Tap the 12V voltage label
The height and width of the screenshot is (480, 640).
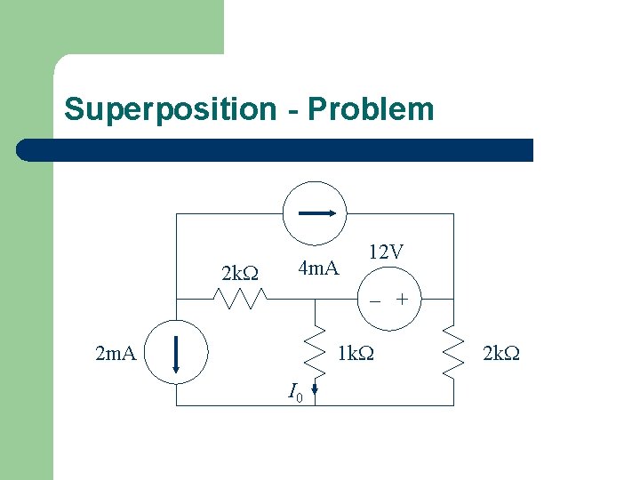(x=386, y=252)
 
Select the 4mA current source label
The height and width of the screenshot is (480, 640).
(x=318, y=268)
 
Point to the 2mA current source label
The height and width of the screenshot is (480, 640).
(x=116, y=355)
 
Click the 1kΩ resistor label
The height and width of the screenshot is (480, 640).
(x=356, y=355)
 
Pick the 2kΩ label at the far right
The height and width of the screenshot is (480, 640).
(x=501, y=355)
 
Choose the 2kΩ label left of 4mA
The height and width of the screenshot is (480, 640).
(x=239, y=274)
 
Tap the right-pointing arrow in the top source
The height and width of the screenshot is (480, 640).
(x=316, y=213)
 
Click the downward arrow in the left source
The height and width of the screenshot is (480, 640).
(x=177, y=353)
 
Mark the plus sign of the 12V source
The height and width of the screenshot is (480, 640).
(x=403, y=300)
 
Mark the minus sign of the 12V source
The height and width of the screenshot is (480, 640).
(x=376, y=300)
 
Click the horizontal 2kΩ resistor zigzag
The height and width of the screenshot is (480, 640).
(x=241, y=300)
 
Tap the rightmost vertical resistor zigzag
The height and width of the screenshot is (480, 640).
(x=453, y=353)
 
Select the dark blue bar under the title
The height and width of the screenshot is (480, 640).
(x=276, y=149)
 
